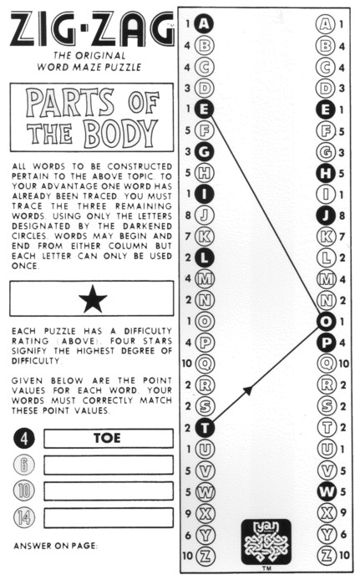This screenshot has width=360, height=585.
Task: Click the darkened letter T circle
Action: click(x=205, y=428)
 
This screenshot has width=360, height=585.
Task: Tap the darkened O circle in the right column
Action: click(x=326, y=321)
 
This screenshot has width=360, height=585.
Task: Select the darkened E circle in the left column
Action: click(x=204, y=109)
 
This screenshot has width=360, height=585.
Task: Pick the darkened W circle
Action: click(x=327, y=491)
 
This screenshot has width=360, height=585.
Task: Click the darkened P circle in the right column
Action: click(x=327, y=343)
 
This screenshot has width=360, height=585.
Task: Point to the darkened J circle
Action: click(x=326, y=216)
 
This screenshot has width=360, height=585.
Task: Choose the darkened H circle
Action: click(x=326, y=173)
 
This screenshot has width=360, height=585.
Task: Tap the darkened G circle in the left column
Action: click(x=204, y=151)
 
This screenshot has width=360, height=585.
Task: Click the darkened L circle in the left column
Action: click(x=205, y=257)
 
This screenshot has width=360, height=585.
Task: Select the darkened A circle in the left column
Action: click(x=204, y=24)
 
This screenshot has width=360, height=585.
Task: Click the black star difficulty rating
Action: click(x=93, y=299)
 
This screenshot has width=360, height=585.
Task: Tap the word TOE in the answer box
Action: click(x=107, y=438)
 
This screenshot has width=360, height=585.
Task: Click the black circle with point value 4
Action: click(x=24, y=439)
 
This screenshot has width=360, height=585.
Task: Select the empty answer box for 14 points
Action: click(x=109, y=518)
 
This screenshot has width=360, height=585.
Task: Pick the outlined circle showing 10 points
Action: click(x=24, y=491)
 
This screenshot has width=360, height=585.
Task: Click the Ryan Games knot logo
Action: click(x=266, y=542)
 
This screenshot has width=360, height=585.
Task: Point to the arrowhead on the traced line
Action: click(x=248, y=390)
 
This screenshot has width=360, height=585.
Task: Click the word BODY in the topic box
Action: click(x=120, y=134)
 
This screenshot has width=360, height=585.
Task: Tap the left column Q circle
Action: click(x=205, y=364)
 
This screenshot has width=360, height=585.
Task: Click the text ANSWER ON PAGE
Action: click(x=56, y=546)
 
